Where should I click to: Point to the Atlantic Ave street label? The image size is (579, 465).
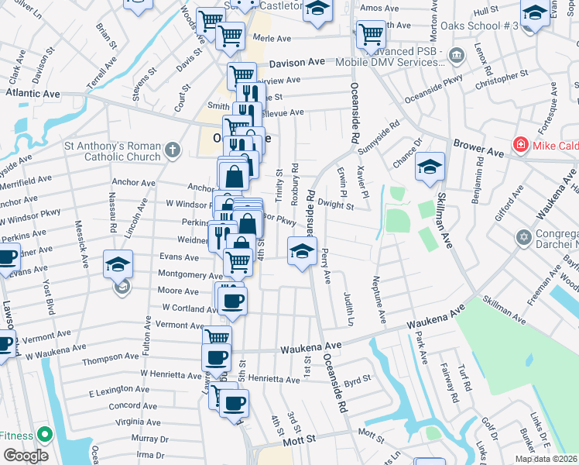click(x=33, y=93)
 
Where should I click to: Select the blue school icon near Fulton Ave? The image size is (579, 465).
click(x=118, y=264)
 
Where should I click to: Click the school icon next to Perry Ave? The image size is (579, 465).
click(x=302, y=250)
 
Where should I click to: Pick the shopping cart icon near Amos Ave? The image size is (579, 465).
click(x=371, y=35)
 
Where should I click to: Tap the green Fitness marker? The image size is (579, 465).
click(x=43, y=436)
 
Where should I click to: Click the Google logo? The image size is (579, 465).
click(x=26, y=456)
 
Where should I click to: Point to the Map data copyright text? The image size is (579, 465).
click(x=546, y=459)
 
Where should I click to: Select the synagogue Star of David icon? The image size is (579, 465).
click(x=524, y=236)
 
